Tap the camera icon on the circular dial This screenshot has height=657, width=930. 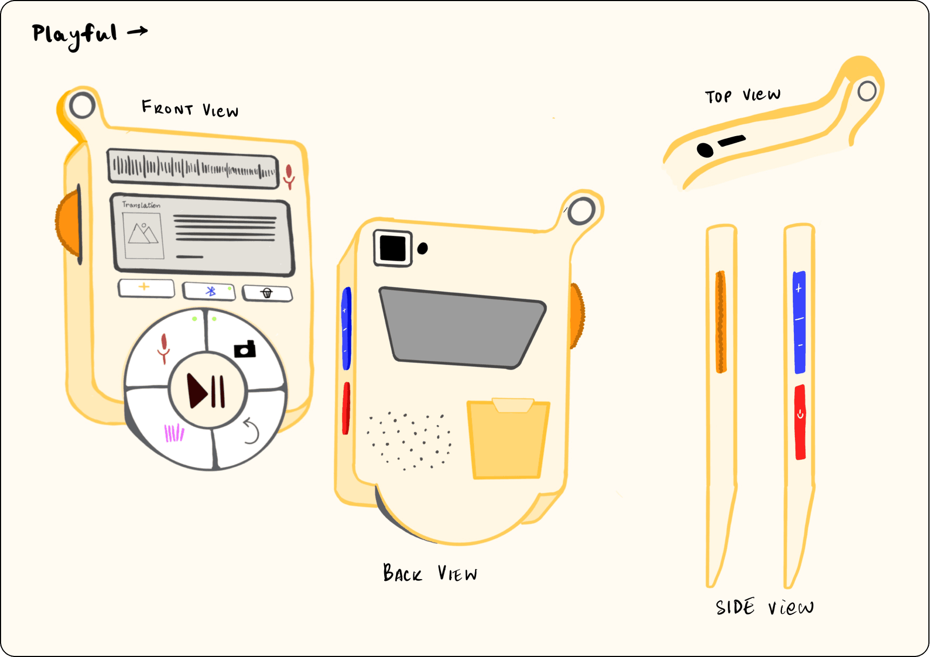245,349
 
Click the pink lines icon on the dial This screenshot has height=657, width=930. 174,433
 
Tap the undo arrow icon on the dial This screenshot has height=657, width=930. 251,431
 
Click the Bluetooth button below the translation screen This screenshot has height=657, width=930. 209,291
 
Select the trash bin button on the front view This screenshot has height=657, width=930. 267,293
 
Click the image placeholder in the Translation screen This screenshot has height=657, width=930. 143,236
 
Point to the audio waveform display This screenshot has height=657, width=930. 193,169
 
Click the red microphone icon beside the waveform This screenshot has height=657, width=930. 290,177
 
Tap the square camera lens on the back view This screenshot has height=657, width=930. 393,249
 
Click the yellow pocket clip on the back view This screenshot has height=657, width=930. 507,439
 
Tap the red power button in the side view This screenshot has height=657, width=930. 800,422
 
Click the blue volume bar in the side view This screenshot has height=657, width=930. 799,322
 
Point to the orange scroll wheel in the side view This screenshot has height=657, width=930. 721,322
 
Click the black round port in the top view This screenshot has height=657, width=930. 705,150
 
